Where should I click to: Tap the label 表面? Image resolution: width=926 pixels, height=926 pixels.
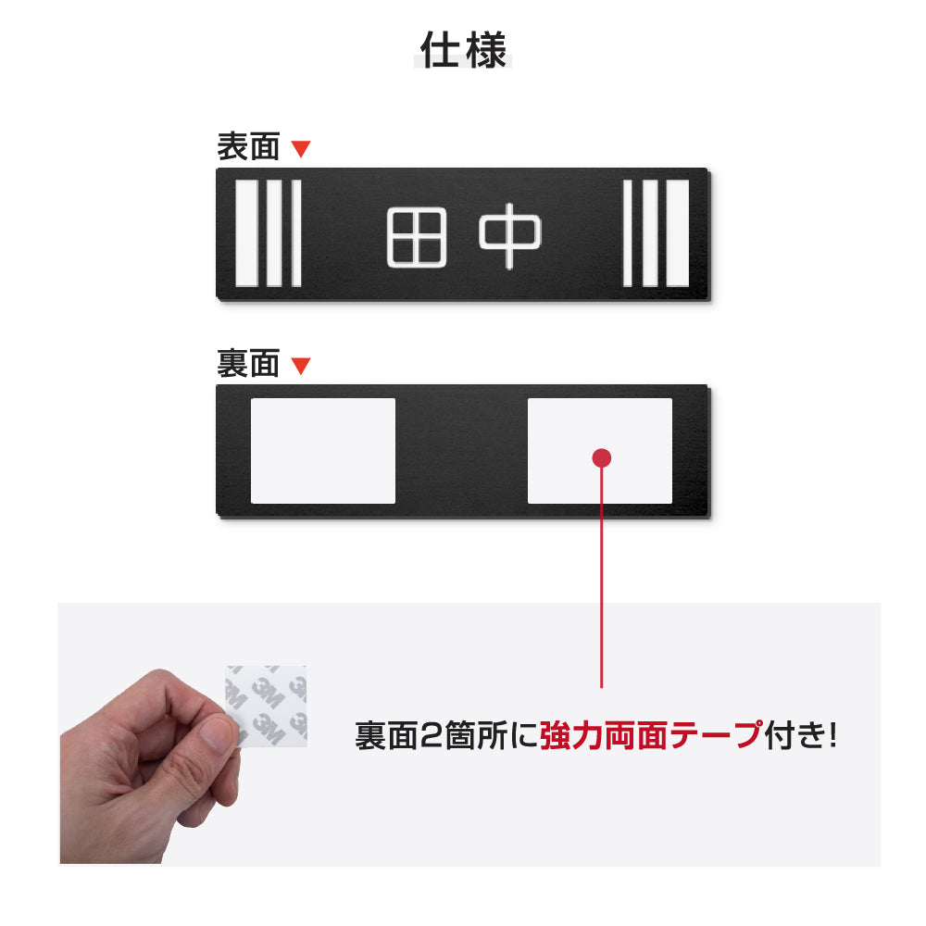(248, 146)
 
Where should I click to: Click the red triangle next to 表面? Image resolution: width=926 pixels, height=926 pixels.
(301, 148)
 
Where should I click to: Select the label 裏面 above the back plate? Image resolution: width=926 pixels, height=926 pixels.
(248, 364)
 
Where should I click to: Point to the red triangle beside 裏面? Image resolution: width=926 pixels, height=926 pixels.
(301, 366)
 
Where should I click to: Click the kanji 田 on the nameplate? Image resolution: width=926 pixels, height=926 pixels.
(416, 236)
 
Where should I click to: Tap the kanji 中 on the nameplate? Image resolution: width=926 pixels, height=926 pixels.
(509, 236)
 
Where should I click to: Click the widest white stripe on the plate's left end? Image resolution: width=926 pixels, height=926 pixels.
(246, 233)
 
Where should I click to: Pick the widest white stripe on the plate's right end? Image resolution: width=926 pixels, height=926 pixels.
(678, 233)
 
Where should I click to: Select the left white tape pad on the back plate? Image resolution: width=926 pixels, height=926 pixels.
(323, 451)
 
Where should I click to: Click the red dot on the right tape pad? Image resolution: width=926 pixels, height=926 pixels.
(602, 457)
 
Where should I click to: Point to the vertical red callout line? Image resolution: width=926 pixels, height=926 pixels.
(602, 574)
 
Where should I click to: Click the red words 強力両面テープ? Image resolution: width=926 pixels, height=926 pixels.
(650, 736)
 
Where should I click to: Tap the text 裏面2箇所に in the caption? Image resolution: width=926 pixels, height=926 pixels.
(446, 736)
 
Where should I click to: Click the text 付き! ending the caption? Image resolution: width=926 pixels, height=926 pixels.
(800, 736)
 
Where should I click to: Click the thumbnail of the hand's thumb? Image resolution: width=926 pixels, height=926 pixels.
(220, 734)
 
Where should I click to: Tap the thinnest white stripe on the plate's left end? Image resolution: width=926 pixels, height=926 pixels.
(296, 233)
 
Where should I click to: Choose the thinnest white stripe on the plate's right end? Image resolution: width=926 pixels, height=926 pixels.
(628, 233)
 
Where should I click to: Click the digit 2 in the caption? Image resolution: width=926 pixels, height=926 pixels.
(432, 736)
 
